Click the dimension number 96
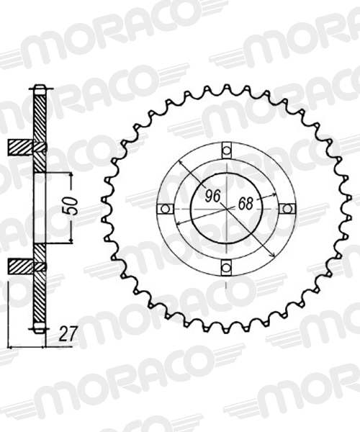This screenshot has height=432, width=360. [213, 197]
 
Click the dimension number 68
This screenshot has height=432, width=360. [246, 204]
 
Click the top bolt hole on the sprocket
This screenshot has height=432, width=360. [226, 150]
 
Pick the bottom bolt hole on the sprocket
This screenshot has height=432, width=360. [226, 267]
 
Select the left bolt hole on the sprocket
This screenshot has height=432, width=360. [165, 209]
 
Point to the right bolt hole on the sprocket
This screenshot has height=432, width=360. [287, 209]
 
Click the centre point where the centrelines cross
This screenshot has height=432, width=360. [226, 209]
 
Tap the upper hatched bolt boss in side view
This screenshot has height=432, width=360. [22, 147]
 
